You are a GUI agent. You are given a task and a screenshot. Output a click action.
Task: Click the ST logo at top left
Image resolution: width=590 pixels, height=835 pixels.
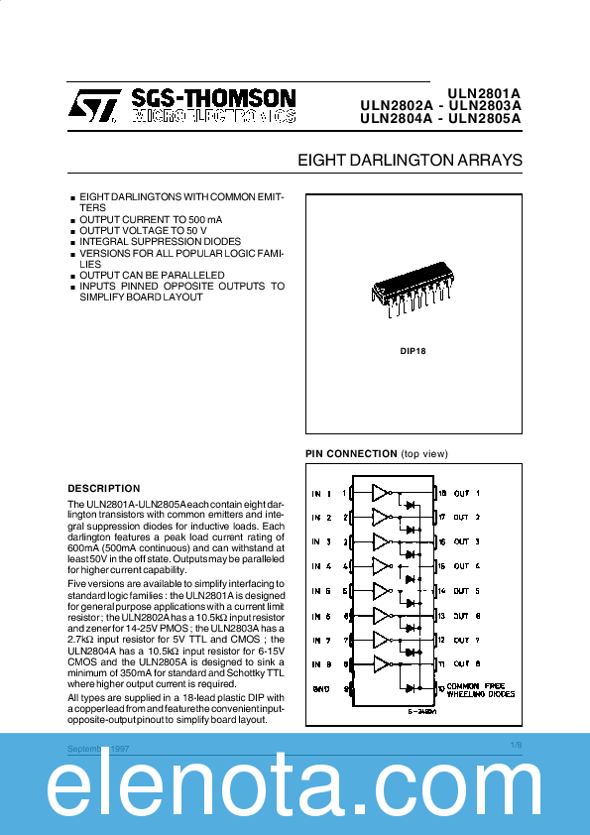click(x=93, y=106)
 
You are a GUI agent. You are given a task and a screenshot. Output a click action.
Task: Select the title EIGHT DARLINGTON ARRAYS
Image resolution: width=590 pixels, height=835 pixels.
click(x=410, y=160)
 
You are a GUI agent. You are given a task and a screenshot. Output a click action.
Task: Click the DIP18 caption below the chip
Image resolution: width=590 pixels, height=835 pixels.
click(x=413, y=351)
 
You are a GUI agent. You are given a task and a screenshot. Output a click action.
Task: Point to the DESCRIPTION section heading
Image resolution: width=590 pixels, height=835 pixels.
click(x=104, y=488)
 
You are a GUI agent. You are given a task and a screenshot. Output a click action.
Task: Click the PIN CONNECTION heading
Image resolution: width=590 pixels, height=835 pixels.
click(x=350, y=454)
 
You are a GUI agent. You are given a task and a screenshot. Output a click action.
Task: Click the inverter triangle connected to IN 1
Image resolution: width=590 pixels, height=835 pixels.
click(x=382, y=492)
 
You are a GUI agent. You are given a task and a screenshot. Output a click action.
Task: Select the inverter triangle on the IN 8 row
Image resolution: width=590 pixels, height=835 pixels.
click(x=382, y=663)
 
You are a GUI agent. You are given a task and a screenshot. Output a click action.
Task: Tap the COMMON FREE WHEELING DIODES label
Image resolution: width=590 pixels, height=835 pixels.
click(x=482, y=690)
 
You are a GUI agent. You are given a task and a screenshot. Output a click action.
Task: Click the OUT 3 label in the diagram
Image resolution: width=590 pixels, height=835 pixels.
click(x=467, y=541)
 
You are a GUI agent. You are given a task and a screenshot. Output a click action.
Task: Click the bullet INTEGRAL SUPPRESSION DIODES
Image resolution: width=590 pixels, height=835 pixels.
click(x=160, y=241)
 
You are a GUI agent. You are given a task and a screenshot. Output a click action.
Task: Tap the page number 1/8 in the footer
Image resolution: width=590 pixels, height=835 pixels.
click(x=516, y=744)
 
